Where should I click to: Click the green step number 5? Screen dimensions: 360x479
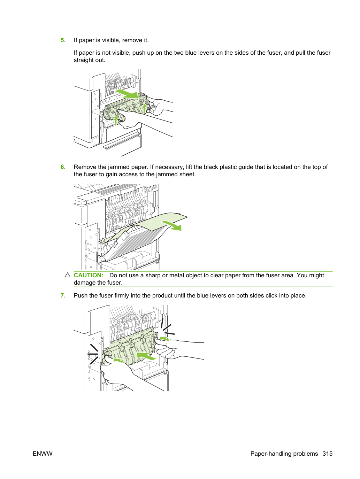(x=63, y=40)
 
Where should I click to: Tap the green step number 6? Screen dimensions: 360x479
(x=63, y=167)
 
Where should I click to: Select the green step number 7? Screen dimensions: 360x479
(x=63, y=295)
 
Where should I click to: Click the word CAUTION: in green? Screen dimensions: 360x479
(x=89, y=275)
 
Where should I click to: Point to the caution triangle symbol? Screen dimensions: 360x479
(x=68, y=275)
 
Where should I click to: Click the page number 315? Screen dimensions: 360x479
(x=328, y=454)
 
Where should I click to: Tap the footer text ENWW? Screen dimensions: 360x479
(x=43, y=454)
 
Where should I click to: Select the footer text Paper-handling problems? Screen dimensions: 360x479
(x=284, y=454)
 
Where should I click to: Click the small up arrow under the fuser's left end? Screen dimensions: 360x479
(x=116, y=120)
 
